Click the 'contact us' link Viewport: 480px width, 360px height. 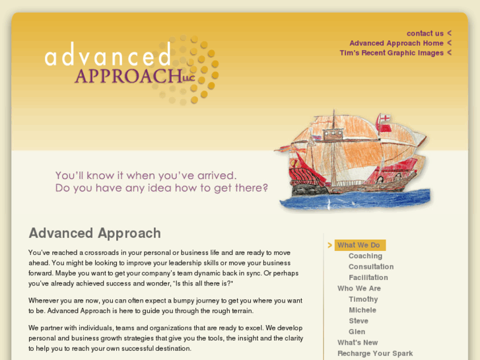point(425,33)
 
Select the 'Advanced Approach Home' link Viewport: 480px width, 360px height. point(396,43)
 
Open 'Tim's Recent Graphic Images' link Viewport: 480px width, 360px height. point(392,53)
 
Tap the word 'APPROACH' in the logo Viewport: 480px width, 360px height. point(123,76)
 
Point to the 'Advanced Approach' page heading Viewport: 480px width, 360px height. point(94,233)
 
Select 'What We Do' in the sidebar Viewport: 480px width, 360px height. point(359,245)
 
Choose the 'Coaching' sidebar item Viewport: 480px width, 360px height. point(365,256)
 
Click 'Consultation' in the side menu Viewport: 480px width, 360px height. point(371,267)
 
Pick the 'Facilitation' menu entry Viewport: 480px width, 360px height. point(368,277)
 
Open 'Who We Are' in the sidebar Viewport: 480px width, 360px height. point(359,289)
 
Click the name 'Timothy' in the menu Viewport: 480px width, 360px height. point(363,299)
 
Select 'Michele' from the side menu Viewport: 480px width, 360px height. point(362,310)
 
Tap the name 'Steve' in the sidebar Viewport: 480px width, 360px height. point(359,321)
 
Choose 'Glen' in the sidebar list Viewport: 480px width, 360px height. point(357,332)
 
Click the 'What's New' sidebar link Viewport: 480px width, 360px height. point(358,342)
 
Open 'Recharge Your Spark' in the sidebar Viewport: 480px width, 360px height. point(375,353)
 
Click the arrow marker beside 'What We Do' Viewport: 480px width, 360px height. point(330,245)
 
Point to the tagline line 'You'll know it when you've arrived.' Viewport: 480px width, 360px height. point(145,176)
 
